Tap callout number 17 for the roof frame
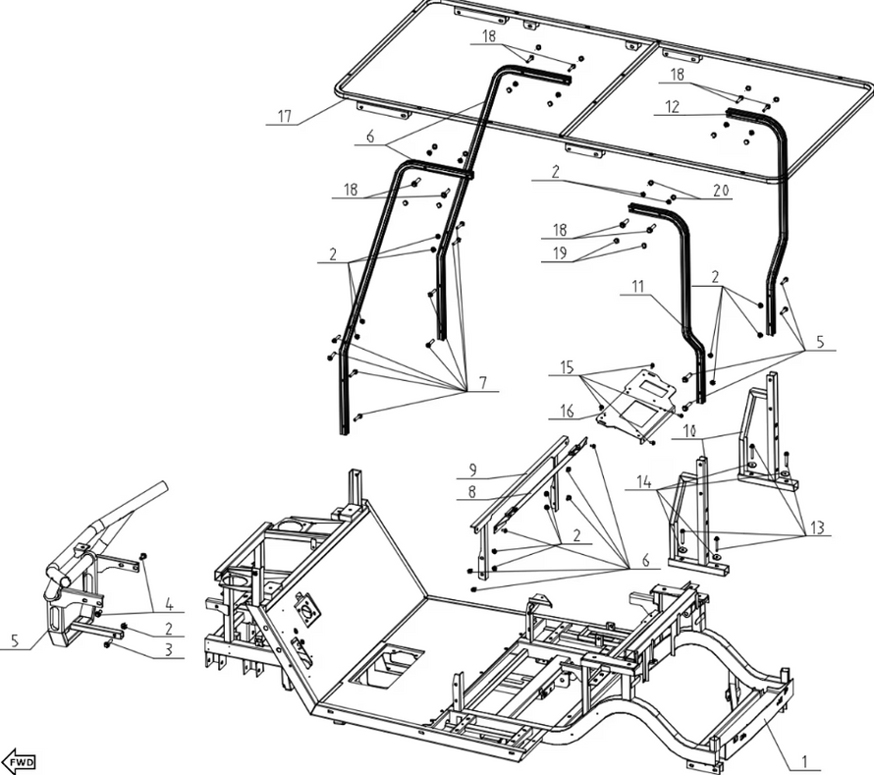coord(284,117)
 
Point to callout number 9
coord(471,469)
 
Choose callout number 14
coord(643,483)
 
